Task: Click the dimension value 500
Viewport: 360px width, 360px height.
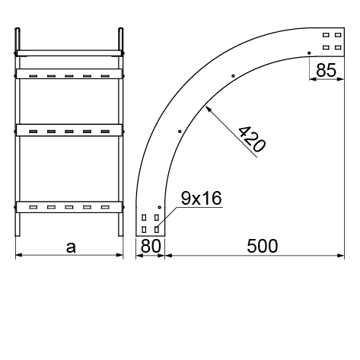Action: [262, 246]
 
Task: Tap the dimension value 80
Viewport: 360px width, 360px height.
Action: [151, 246]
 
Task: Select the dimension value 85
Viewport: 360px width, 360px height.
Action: [327, 70]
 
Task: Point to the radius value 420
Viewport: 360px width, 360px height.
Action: [252, 139]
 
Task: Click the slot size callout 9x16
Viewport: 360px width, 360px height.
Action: [201, 198]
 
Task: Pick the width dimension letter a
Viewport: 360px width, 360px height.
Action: [71, 247]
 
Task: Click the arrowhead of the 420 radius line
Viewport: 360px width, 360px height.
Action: [209, 109]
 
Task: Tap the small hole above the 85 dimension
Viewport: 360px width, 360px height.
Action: [309, 53]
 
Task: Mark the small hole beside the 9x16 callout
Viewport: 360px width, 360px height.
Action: [159, 207]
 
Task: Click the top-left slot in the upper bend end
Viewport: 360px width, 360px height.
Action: [326, 35]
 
